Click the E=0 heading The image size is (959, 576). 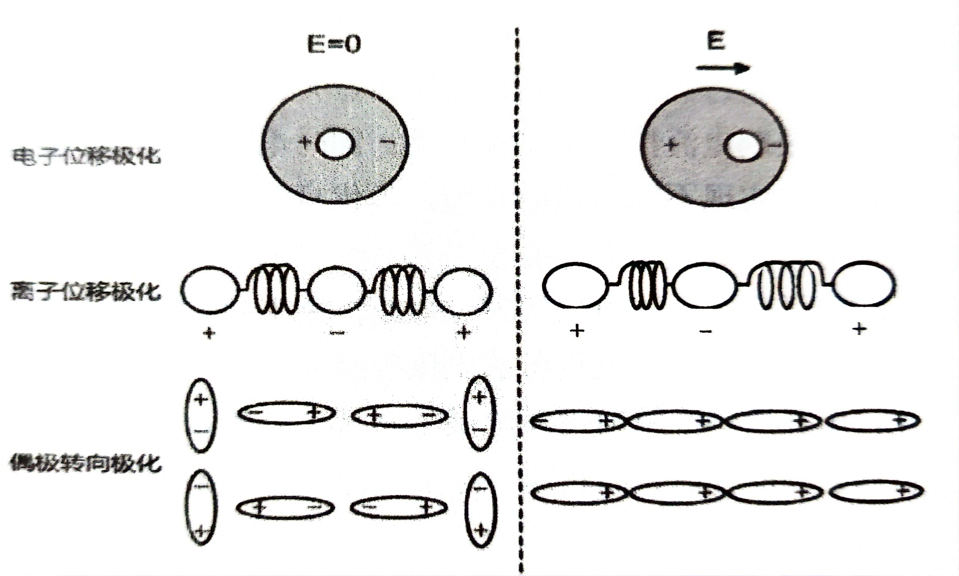[x=334, y=43]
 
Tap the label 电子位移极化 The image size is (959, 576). [x=86, y=156]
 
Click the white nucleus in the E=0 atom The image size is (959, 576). [x=335, y=144]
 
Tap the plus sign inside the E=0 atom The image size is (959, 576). [x=305, y=142]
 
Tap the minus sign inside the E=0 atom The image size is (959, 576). [x=387, y=142]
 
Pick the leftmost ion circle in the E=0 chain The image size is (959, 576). [x=210, y=289]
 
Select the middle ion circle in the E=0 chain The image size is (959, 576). [x=337, y=289]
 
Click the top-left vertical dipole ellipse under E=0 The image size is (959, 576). [x=200, y=415]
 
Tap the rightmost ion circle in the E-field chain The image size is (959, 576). [x=864, y=284]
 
